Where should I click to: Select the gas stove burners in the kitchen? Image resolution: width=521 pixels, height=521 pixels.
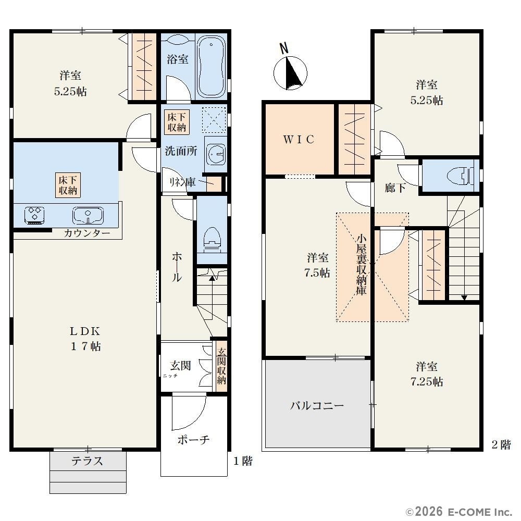pyautogui.click(x=34, y=215)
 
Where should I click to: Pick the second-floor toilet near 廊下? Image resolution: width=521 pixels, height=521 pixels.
pyautogui.click(x=460, y=175)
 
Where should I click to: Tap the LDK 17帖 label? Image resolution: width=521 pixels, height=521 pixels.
pyautogui.click(x=85, y=339)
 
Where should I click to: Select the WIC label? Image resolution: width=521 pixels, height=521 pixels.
pyautogui.click(x=299, y=140)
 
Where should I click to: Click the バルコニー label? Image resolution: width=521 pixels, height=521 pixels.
pyautogui.click(x=317, y=406)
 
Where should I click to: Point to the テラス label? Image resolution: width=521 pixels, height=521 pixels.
pyautogui.click(x=88, y=461)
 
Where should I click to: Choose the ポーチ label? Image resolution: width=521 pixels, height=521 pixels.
pyautogui.click(x=194, y=440)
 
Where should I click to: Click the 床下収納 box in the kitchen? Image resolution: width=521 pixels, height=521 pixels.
pyautogui.click(x=68, y=185)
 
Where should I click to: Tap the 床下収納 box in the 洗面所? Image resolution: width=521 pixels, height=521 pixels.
pyautogui.click(x=177, y=122)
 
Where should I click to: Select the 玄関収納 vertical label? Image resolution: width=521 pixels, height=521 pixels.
pyautogui.click(x=221, y=366)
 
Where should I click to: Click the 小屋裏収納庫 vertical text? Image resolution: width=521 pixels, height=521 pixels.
pyautogui.click(x=361, y=265)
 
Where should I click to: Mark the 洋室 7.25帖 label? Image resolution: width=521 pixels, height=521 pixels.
pyautogui.click(x=427, y=374)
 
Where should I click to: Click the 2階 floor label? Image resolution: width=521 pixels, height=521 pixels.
pyautogui.click(x=501, y=444)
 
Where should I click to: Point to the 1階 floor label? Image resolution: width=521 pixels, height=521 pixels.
pyautogui.click(x=243, y=461)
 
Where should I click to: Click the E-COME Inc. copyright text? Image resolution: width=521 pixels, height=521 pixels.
pyautogui.click(x=459, y=512)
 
